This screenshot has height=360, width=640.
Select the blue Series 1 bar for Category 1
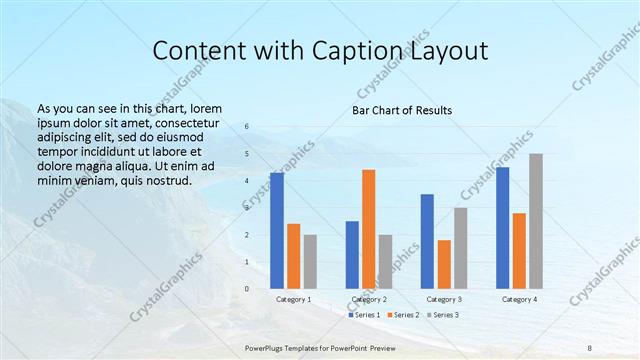tap(277, 230)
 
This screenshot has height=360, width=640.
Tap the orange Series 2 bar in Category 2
tap(368, 228)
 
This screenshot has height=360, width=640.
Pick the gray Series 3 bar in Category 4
tap(536, 220)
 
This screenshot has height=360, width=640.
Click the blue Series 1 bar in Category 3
tap(427, 241)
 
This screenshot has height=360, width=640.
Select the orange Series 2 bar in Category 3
tap(444, 264)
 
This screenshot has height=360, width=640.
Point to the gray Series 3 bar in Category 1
tap(310, 261)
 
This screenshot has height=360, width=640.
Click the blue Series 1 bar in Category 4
tap(502, 227)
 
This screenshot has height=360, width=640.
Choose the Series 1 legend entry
tap(364, 315)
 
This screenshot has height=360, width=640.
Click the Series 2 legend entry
tap(402, 315)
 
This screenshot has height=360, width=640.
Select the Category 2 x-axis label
tap(368, 299)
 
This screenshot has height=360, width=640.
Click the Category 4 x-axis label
tap(519, 299)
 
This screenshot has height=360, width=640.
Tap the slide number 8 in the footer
tap(590, 347)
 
